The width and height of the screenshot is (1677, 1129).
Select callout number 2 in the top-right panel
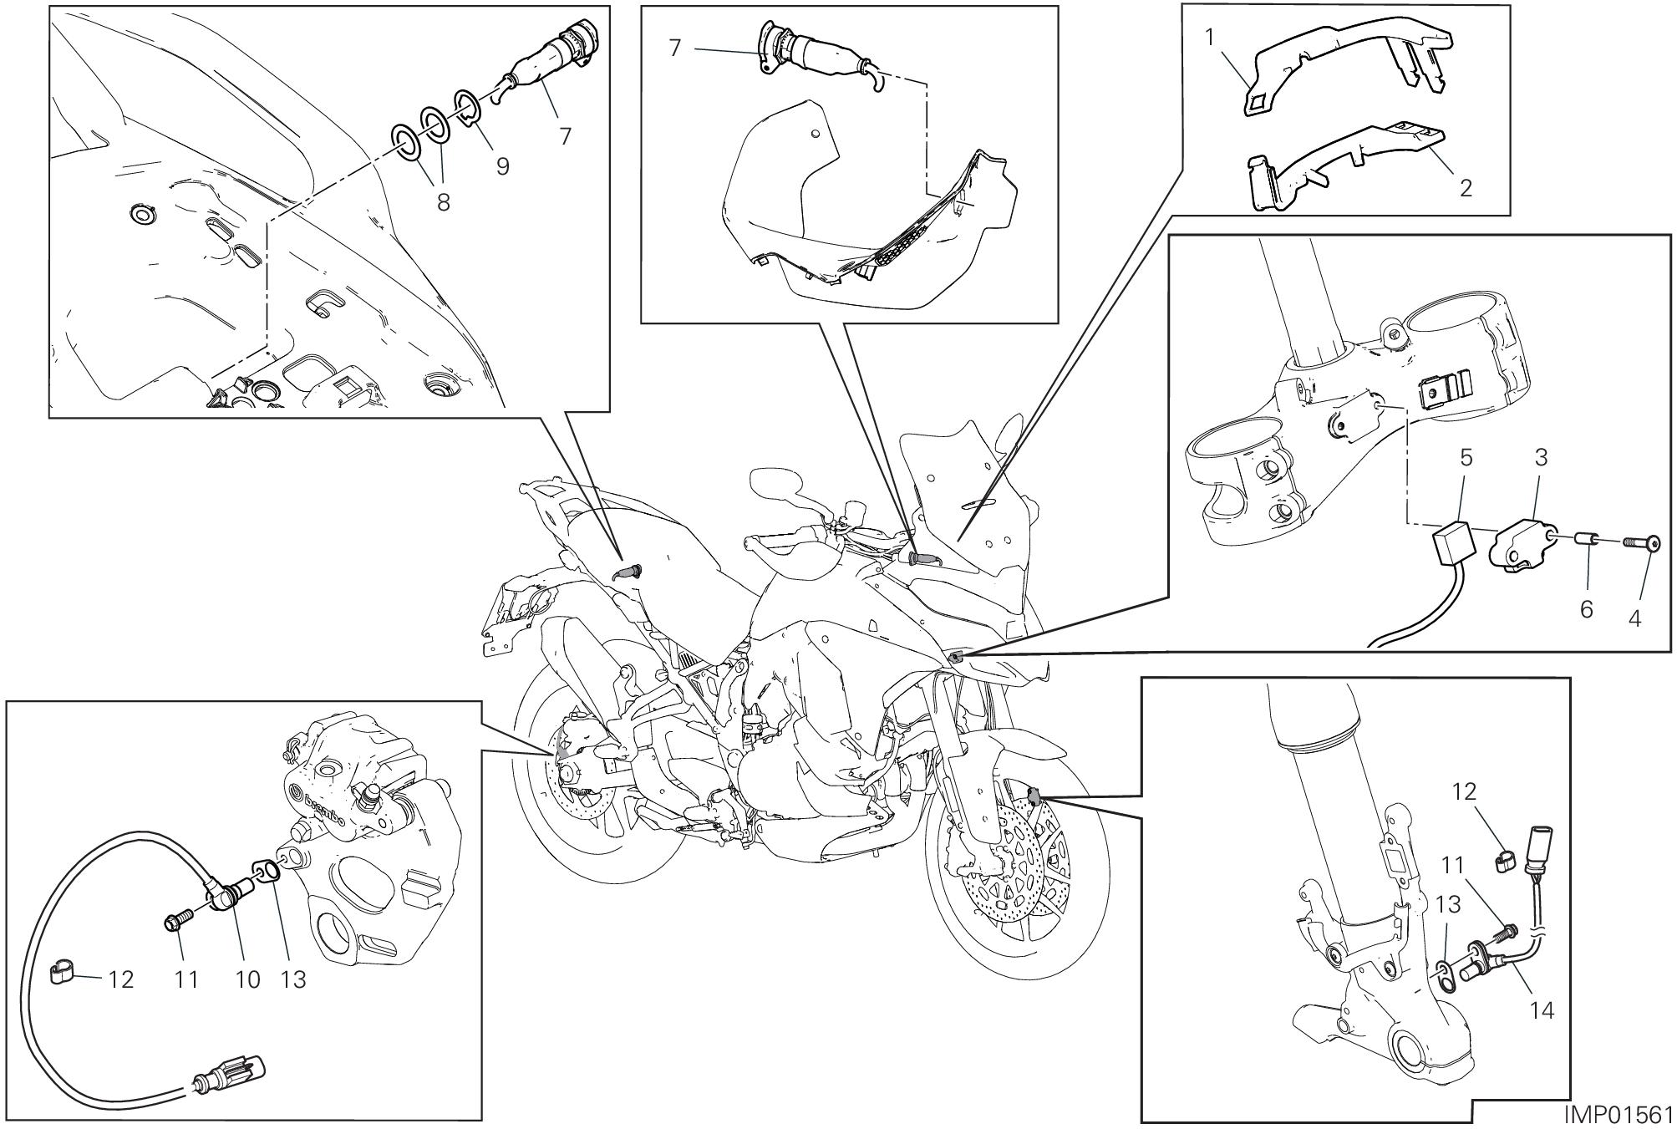click(x=1466, y=188)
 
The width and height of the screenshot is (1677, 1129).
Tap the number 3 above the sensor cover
click(x=1542, y=457)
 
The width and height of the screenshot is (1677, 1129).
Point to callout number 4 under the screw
click(x=1634, y=618)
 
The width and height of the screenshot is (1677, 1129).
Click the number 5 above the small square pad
click(x=1466, y=457)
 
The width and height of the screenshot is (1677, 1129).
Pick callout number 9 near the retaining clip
click(x=503, y=166)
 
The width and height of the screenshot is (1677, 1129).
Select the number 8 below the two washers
click(x=443, y=201)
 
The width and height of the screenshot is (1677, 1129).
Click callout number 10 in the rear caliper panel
click(x=247, y=979)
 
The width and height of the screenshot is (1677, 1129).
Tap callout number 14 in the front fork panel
click(x=1542, y=1010)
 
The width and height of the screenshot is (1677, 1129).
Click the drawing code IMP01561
click(x=1619, y=1116)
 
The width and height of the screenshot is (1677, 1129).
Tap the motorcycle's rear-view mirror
click(x=776, y=482)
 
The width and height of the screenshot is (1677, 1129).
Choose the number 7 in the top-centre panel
click(x=676, y=48)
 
